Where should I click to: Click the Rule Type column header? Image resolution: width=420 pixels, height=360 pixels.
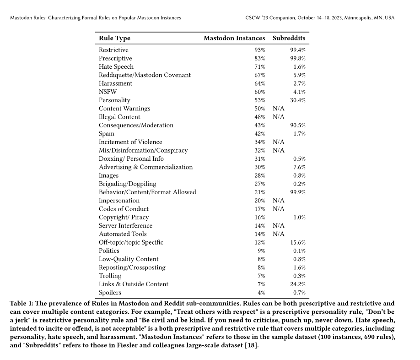pos(114,38)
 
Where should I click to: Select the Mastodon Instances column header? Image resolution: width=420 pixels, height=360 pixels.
pos(234,38)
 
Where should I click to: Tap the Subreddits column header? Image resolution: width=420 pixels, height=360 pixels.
pos(289,38)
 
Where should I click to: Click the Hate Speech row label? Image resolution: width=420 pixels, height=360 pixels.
pos(116,67)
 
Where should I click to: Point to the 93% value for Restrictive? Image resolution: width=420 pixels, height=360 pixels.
pos(260,50)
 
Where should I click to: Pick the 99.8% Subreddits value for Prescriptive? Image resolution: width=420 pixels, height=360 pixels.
pos(298,59)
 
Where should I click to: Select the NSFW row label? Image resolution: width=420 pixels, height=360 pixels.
pos(108,92)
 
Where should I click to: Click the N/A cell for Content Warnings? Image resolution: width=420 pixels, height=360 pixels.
pos(278,109)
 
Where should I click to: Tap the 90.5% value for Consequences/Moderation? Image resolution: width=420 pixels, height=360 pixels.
pos(298,125)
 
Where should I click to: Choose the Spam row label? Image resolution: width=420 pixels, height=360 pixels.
pos(106,134)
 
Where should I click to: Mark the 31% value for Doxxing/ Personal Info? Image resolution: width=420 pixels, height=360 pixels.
pos(260,159)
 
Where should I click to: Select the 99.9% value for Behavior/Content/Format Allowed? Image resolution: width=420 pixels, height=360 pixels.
pos(298,192)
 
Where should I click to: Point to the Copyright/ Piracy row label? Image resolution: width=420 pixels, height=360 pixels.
pos(124,217)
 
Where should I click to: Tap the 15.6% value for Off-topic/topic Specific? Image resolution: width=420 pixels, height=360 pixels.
pos(298,242)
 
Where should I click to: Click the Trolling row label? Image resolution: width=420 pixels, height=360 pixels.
pos(110,276)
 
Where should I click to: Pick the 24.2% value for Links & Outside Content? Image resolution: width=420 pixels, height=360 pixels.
pos(298,284)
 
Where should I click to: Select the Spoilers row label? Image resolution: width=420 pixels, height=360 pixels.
pos(110,292)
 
